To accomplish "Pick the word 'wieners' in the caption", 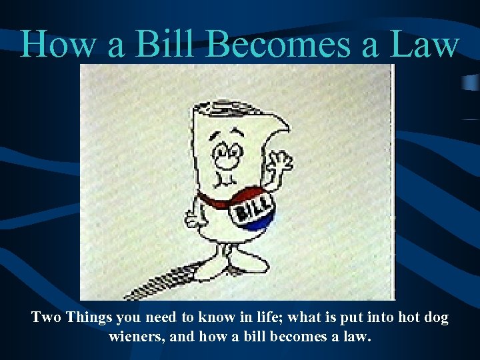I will pyautogui.click(x=135, y=337).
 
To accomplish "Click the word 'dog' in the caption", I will pyautogui.click(x=435, y=318).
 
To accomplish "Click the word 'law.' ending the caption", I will pyautogui.click(x=355, y=337).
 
